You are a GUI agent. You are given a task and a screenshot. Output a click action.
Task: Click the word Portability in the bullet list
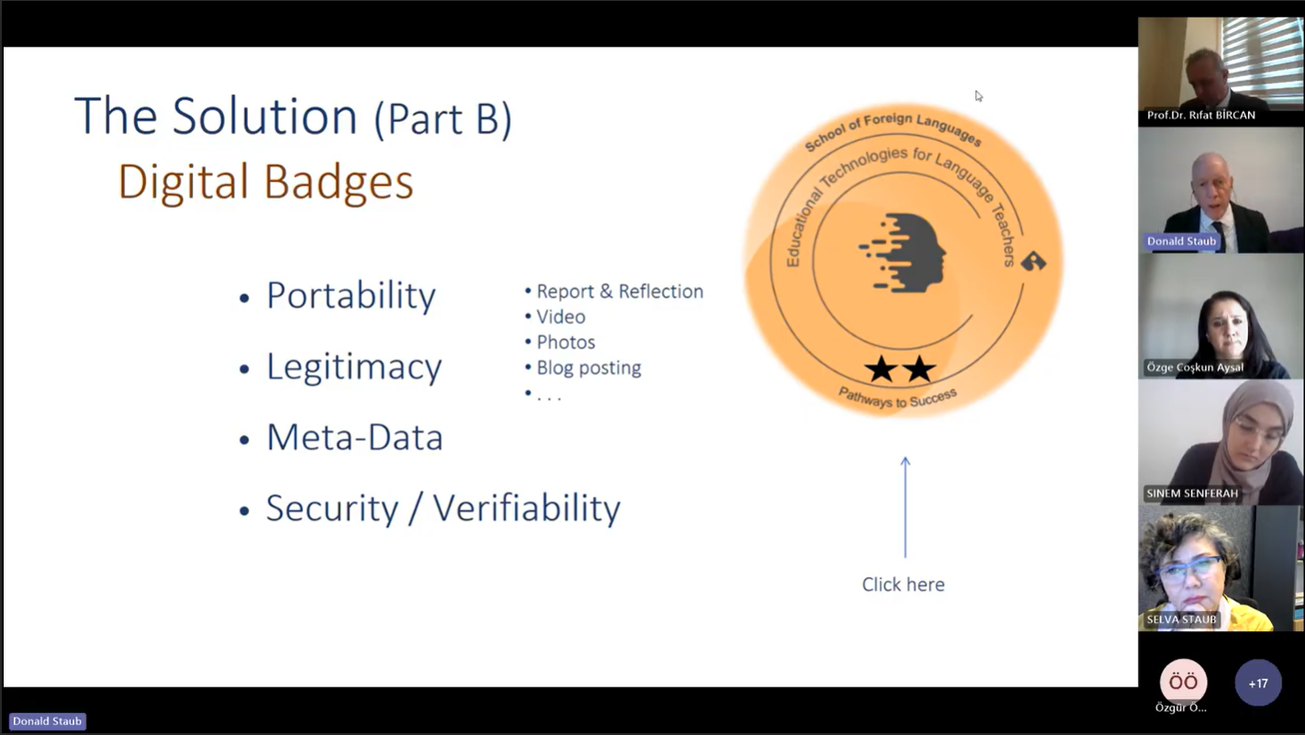click(x=351, y=296)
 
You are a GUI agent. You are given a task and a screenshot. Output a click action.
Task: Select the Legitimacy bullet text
click(x=354, y=368)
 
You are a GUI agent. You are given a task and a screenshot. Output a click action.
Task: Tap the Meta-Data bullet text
click(x=354, y=437)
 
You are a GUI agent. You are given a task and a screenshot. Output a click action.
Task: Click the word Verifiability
click(x=526, y=509)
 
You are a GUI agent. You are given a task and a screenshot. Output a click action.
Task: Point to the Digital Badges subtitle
click(x=265, y=182)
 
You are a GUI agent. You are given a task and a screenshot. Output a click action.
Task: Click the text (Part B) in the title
click(x=443, y=119)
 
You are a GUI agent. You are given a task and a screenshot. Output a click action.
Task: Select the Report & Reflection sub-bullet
click(x=620, y=291)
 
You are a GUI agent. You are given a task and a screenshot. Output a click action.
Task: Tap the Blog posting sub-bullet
click(x=589, y=367)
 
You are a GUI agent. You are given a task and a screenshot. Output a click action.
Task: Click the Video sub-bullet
click(x=560, y=316)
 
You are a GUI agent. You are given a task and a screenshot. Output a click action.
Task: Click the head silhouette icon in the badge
click(x=903, y=253)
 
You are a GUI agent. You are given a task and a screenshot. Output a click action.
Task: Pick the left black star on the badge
click(x=881, y=369)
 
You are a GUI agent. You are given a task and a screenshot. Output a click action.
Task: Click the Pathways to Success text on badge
click(x=897, y=398)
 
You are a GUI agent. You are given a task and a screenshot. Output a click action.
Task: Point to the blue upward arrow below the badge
click(x=905, y=507)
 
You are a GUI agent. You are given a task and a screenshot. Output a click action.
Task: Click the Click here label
click(x=903, y=584)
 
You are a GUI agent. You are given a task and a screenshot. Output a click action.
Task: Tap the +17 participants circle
click(x=1258, y=684)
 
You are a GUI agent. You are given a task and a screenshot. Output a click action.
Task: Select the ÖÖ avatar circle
click(x=1183, y=682)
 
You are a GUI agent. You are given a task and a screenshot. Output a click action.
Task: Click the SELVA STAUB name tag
click(x=1182, y=619)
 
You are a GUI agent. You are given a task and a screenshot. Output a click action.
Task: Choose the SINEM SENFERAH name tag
click(x=1192, y=493)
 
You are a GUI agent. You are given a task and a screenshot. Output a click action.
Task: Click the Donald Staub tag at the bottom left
click(x=47, y=721)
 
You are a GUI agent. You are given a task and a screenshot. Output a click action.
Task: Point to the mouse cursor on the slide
click(x=979, y=96)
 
